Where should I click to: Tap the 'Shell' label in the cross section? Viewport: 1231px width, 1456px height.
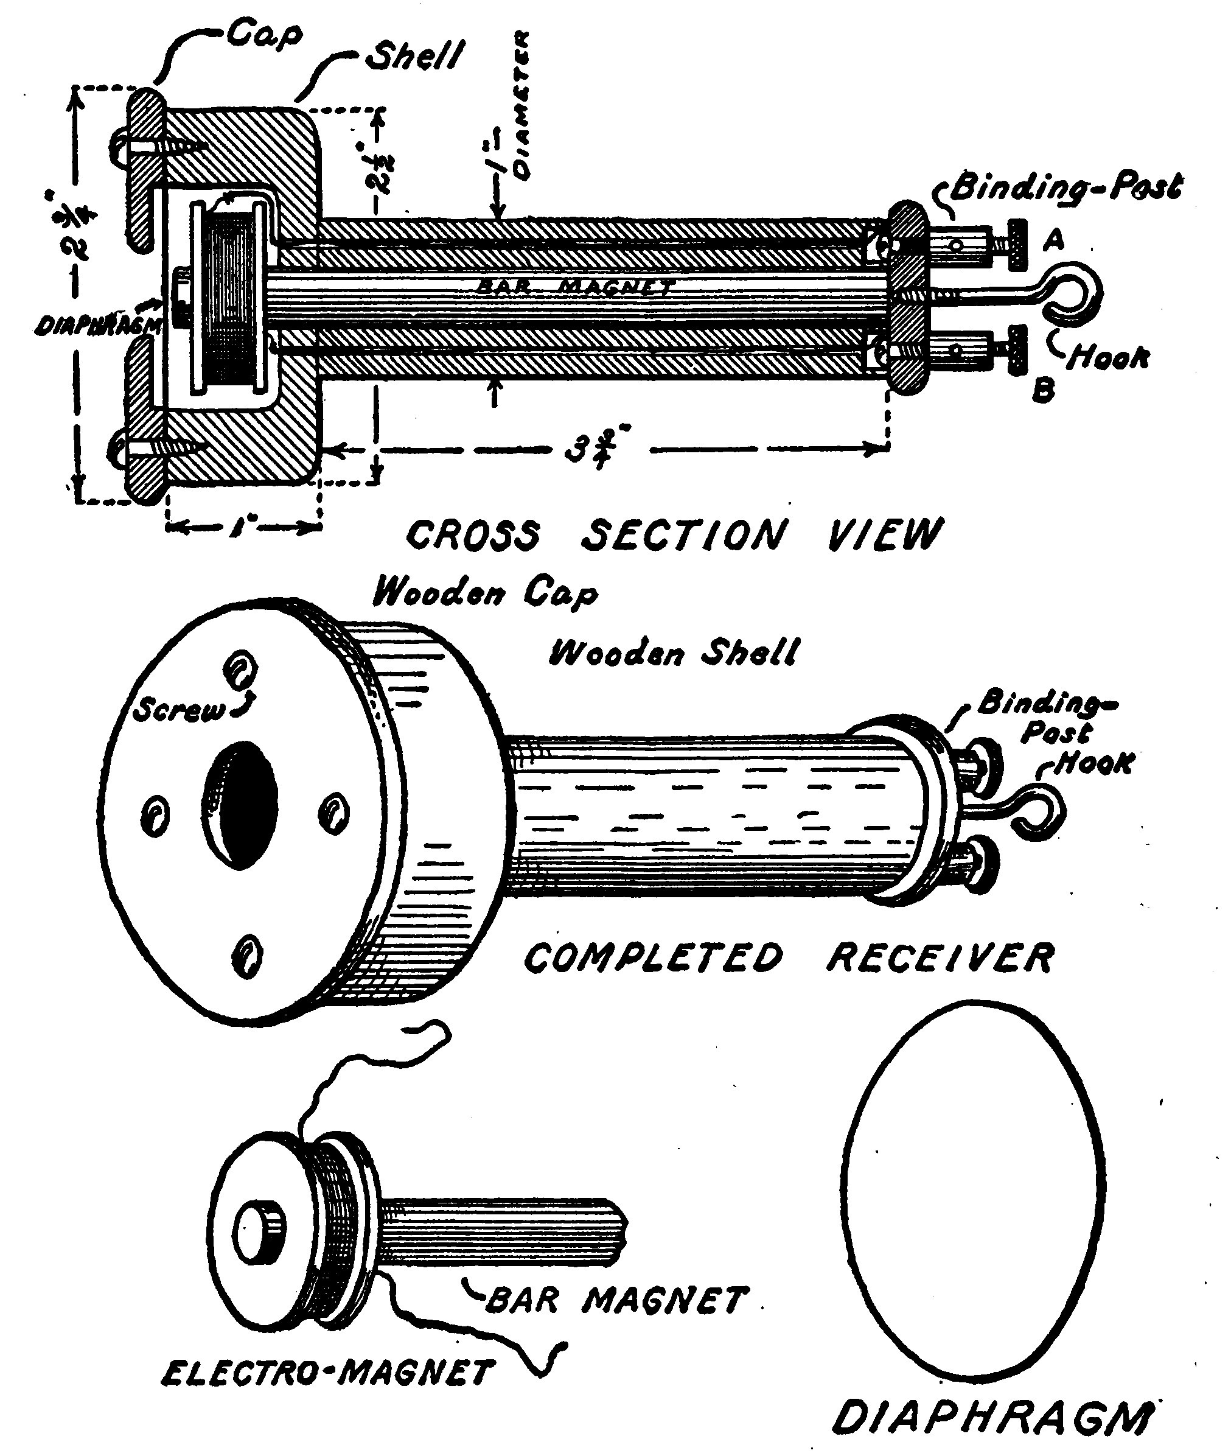414,56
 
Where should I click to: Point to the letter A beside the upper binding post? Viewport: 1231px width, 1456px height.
1053,241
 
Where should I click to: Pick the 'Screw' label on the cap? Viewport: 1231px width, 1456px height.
180,710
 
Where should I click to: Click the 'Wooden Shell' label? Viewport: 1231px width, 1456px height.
673,653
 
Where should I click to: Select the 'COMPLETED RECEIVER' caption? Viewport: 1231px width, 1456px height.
789,957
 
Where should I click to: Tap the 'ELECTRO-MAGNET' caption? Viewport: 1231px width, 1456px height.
327,1374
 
